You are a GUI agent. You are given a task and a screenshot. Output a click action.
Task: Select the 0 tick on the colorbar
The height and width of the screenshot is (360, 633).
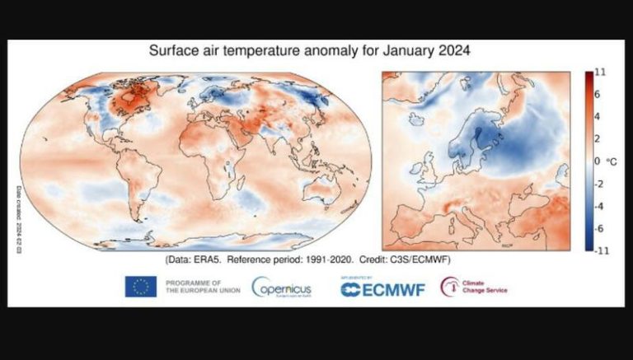[x=599, y=161]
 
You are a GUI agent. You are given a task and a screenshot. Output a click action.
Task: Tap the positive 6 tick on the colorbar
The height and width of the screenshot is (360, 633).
[x=599, y=95]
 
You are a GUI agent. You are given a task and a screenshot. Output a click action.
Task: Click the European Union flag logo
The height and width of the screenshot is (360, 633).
[x=141, y=287]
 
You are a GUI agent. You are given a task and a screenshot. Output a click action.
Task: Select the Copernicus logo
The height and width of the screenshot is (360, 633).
[x=281, y=288]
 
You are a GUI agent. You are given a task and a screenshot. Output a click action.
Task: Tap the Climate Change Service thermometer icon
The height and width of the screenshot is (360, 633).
[x=450, y=287]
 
